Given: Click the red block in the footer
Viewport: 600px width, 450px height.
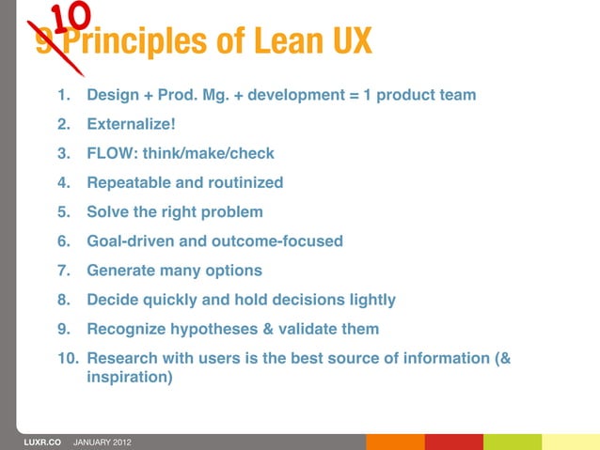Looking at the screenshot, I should tap(453, 442).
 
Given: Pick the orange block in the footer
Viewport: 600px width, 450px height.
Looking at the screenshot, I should tap(395, 442).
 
